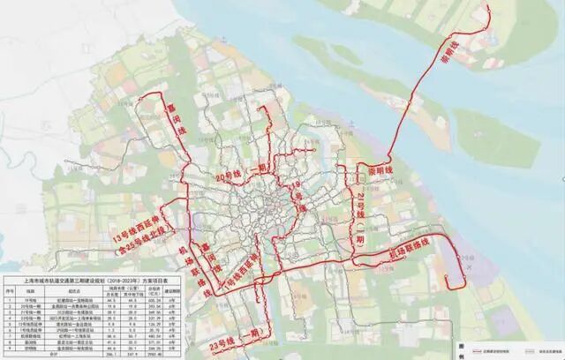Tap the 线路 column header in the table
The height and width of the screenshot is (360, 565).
[x=33, y=288]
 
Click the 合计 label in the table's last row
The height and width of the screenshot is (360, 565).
[x=33, y=356]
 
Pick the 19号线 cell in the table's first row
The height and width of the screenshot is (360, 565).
[x=33, y=299]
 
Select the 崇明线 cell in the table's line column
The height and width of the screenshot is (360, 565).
[x=33, y=349]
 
